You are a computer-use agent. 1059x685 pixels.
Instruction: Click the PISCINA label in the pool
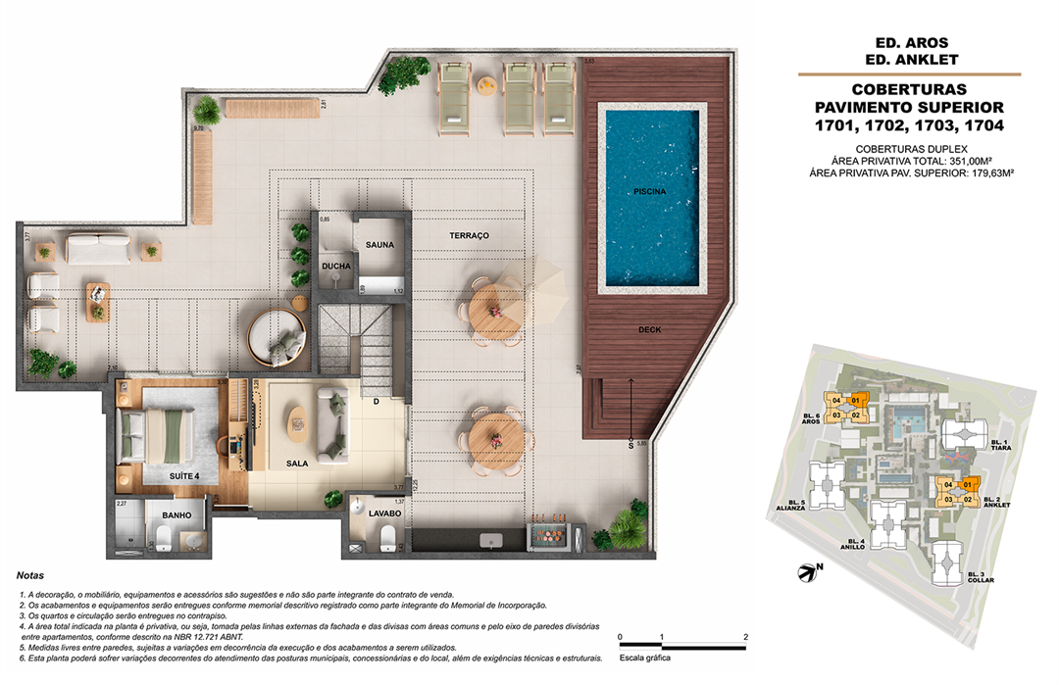649,192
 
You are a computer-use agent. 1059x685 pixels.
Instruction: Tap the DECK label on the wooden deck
649,330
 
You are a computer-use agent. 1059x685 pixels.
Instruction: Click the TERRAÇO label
469,236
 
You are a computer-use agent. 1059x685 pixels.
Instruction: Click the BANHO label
176,515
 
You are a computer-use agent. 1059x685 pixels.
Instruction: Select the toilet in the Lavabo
388,538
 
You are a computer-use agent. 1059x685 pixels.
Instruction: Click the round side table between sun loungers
485,88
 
